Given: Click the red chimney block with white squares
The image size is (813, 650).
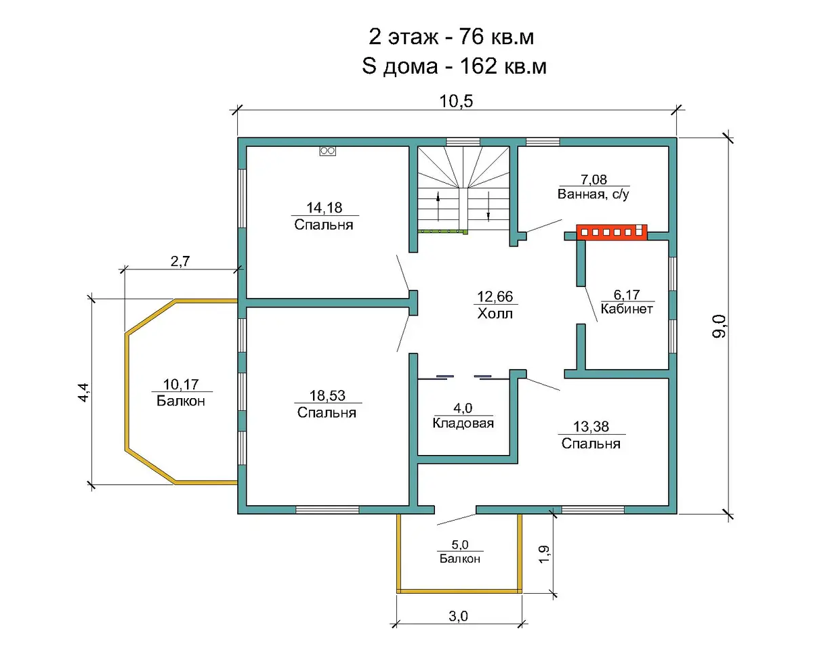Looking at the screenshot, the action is coord(611,232).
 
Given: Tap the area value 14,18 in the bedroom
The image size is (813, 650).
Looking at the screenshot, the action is coord(324,207).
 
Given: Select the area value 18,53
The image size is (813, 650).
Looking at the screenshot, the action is coord(327,395).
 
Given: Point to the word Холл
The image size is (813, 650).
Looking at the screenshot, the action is coord(495,313).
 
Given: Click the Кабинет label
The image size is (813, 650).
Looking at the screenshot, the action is coord(627,309).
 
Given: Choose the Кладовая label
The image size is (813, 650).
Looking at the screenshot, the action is coord(463,423).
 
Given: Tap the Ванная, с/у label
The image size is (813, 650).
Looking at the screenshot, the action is coord(593,194).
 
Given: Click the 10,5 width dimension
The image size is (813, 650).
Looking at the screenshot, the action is coord(456,101).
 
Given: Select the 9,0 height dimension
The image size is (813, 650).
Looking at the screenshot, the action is coord(719,326).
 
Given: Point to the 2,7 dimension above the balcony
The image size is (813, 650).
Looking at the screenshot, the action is coord(180,261).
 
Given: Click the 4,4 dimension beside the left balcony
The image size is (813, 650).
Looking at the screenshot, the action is coord(83,392).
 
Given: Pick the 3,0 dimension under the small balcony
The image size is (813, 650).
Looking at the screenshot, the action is coord(458,616).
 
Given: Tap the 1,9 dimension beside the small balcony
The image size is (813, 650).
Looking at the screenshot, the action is coord(543,555).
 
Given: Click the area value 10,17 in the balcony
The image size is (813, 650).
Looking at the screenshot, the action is coord(181,385).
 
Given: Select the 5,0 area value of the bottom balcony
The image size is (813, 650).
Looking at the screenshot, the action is coord(460,544).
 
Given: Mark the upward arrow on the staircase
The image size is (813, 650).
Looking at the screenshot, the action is coord(438,207).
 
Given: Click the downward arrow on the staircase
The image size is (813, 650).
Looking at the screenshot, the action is coord(488,207).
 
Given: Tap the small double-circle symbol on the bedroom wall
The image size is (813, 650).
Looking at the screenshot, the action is coord(327,151).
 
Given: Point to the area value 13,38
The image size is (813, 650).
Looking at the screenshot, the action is coord(591,427).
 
